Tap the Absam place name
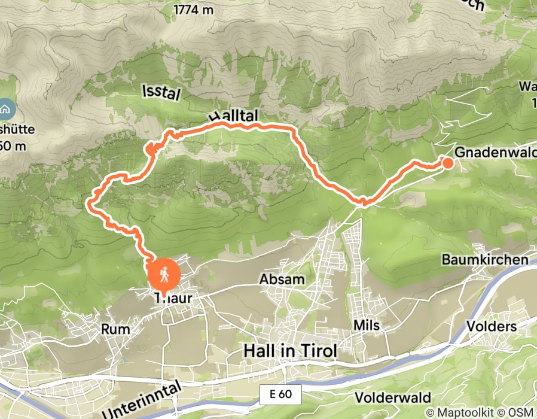pyautogui.click(x=282, y=280)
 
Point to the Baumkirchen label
pyautogui.click(x=485, y=259)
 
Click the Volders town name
pyautogui.click(x=493, y=327)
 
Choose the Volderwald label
pyautogui.click(x=392, y=398)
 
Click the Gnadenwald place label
pyautogui.click(x=495, y=153)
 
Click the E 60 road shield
pyautogui.click(x=281, y=394)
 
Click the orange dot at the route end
pyautogui.click(x=447, y=162)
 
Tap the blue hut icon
pyautogui.click(x=5, y=110)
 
